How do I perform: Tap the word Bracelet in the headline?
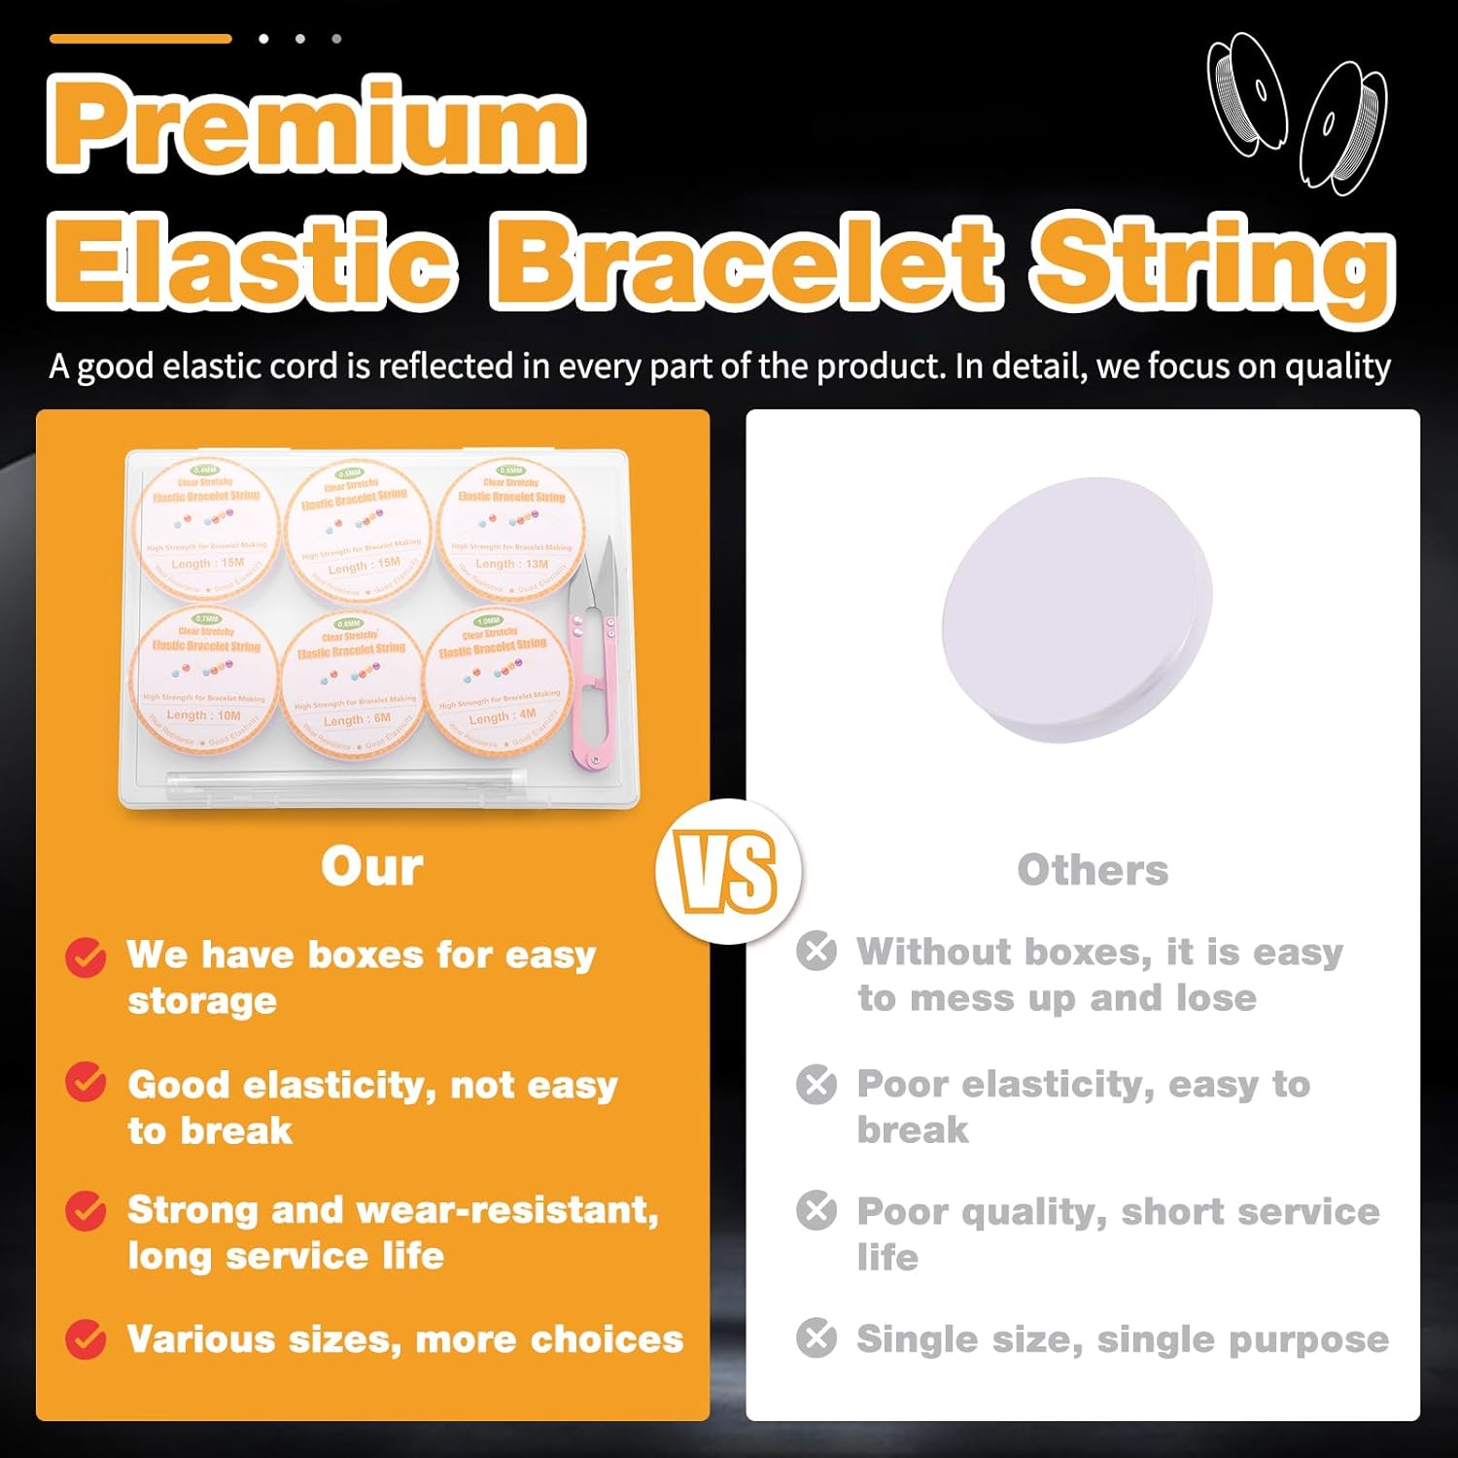[746, 260]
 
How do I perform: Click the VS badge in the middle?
[728, 872]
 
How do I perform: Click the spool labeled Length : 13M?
[510, 530]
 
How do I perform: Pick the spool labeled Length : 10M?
[204, 680]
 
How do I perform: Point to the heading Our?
[372, 866]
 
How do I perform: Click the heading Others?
[1093, 870]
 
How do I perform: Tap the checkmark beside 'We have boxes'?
[86, 957]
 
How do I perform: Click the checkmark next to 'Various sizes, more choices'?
[86, 1339]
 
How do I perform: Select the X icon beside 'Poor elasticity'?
[816, 1084]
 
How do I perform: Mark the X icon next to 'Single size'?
[816, 1338]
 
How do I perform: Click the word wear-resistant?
[507, 1210]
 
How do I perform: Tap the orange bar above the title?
[141, 39]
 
